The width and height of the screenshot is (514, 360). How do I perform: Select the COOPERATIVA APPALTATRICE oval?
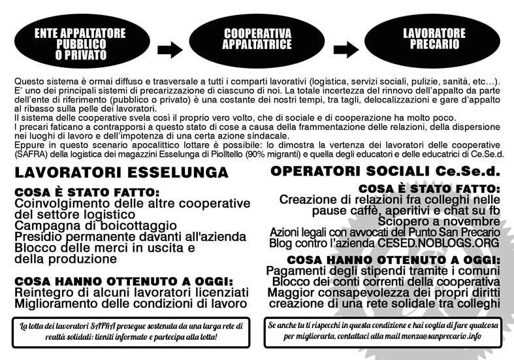coord(257,39)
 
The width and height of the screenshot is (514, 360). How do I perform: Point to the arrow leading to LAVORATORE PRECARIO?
coord(345,49)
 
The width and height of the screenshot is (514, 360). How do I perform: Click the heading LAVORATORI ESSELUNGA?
coord(121,173)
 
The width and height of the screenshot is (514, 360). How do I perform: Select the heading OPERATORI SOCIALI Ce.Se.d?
coord(385,171)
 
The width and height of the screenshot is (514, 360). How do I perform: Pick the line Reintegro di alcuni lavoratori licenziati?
coord(131,293)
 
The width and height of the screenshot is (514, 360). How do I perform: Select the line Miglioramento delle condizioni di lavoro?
coord(131,304)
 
